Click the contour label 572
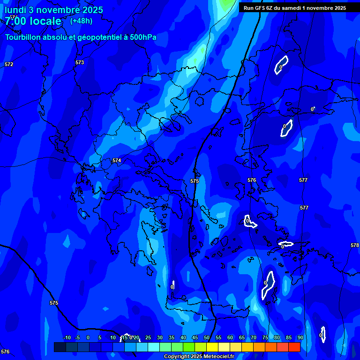[9, 64]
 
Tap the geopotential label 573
[80, 62]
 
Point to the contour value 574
[117, 160]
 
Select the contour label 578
[355, 245]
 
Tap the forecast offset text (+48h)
[81, 21]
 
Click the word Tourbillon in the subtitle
[24, 37]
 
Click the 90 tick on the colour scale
[300, 337]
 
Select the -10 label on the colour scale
[67, 337]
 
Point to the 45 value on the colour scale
[195, 337]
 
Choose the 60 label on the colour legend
[230, 337]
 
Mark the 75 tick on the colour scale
[265, 337]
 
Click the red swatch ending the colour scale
[294, 347]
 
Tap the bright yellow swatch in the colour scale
[212, 347]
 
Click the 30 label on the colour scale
[159, 337]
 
